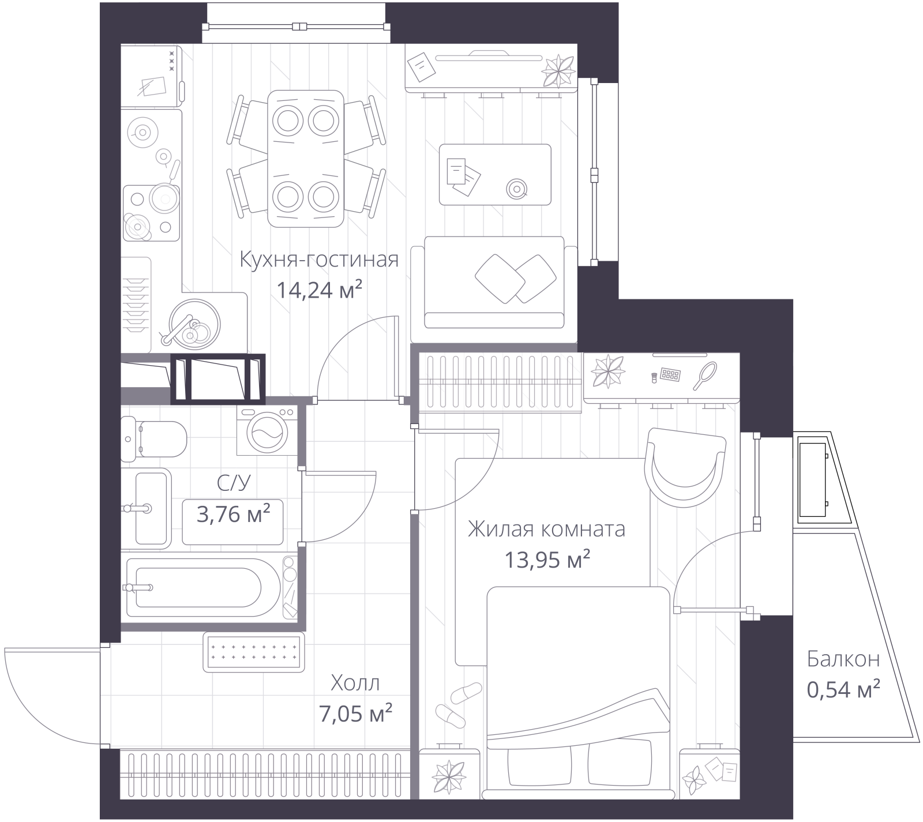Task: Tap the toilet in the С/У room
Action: [x=153, y=439]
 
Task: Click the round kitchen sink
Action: [x=194, y=324]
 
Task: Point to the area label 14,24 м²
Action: [x=319, y=290]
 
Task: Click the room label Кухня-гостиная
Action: [x=319, y=260]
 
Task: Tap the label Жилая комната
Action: [x=546, y=529]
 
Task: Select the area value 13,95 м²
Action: [x=547, y=559]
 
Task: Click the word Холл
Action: [x=355, y=684]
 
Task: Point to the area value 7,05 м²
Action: [x=355, y=714]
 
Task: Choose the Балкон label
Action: [x=843, y=659]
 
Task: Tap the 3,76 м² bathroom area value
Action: [x=234, y=514]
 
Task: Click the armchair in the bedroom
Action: [x=685, y=467]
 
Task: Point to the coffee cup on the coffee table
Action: [x=516, y=188]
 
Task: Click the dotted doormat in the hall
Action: [x=254, y=652]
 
